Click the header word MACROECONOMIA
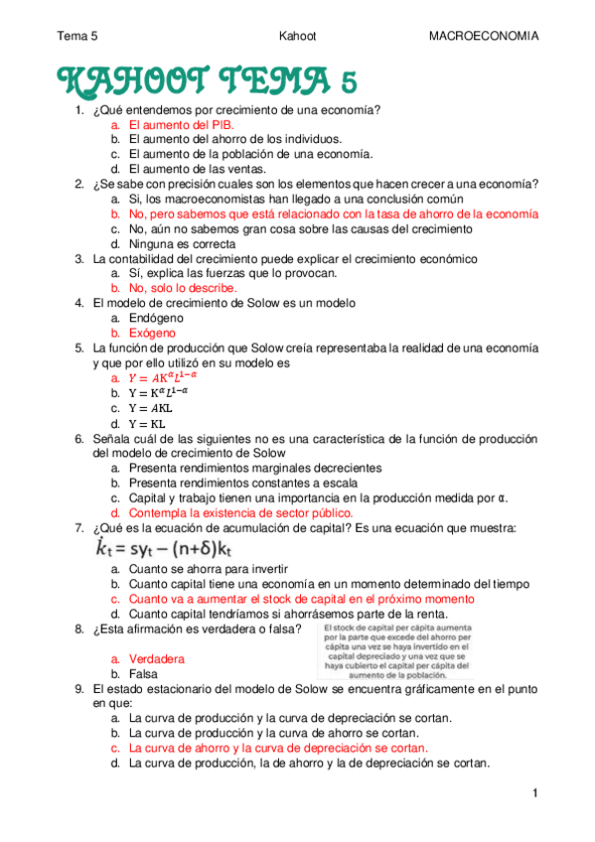pyautogui.click(x=483, y=36)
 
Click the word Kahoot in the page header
pyautogui.click(x=298, y=36)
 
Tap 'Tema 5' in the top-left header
pyautogui.click(x=77, y=36)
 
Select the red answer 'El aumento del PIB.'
pyautogui.click(x=182, y=125)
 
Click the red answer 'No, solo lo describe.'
pyautogui.click(x=183, y=288)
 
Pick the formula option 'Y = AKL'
pyautogui.click(x=150, y=408)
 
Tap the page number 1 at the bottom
pyautogui.click(x=534, y=792)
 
